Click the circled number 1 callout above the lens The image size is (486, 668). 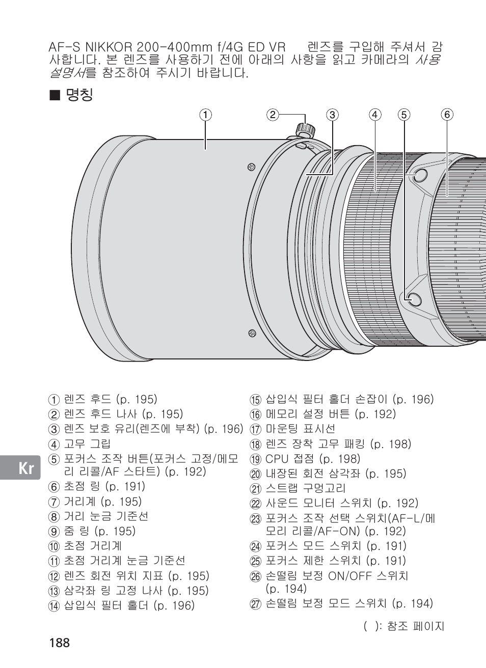tap(205, 115)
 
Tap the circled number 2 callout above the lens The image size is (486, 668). tap(273, 115)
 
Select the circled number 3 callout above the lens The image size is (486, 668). tap(333, 115)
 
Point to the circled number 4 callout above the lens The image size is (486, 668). tap(375, 115)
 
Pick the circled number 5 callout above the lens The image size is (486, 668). tap(404, 115)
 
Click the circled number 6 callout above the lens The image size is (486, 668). tap(447, 115)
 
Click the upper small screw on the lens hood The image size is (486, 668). tap(251, 166)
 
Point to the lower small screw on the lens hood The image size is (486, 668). tap(252, 333)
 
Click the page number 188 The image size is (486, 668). tap(60, 642)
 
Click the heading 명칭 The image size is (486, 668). tap(79, 95)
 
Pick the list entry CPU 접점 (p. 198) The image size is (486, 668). tap(312, 459)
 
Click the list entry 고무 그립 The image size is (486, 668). tap(87, 444)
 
